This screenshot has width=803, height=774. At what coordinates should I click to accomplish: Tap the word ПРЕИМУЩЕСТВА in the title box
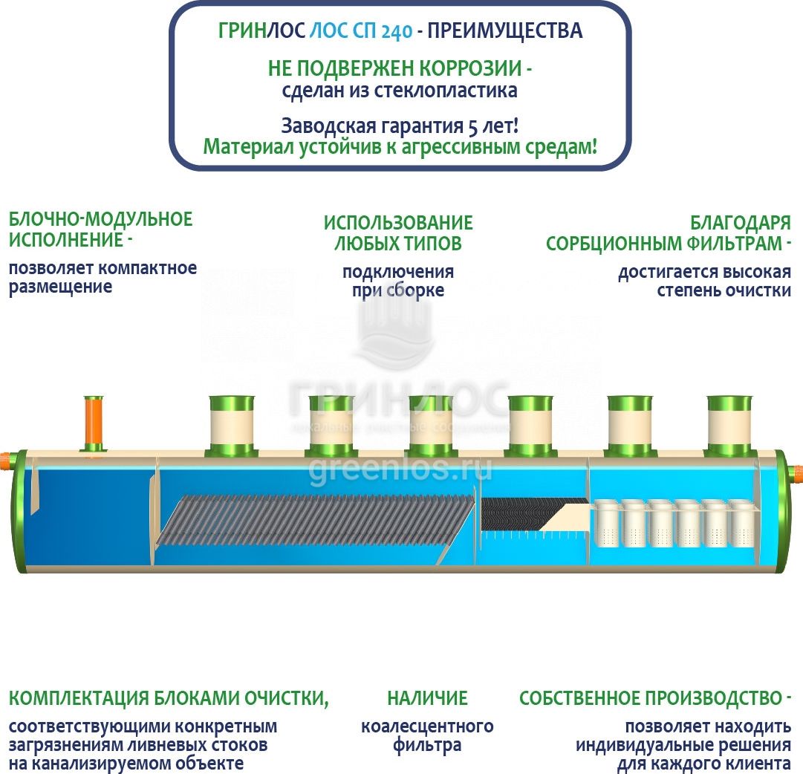(x=505, y=31)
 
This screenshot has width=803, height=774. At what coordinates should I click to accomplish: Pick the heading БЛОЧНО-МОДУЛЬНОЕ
(x=100, y=219)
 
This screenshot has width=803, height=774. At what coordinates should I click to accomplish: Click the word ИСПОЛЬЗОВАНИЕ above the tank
(x=398, y=223)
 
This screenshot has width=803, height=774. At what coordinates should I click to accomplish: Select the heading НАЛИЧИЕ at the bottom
(x=427, y=698)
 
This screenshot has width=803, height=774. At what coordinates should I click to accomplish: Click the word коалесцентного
(x=427, y=726)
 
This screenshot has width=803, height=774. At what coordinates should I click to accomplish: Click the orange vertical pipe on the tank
(x=94, y=422)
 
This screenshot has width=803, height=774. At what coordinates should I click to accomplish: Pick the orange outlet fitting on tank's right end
(x=799, y=472)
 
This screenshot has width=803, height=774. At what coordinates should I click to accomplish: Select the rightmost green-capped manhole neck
(x=729, y=426)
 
